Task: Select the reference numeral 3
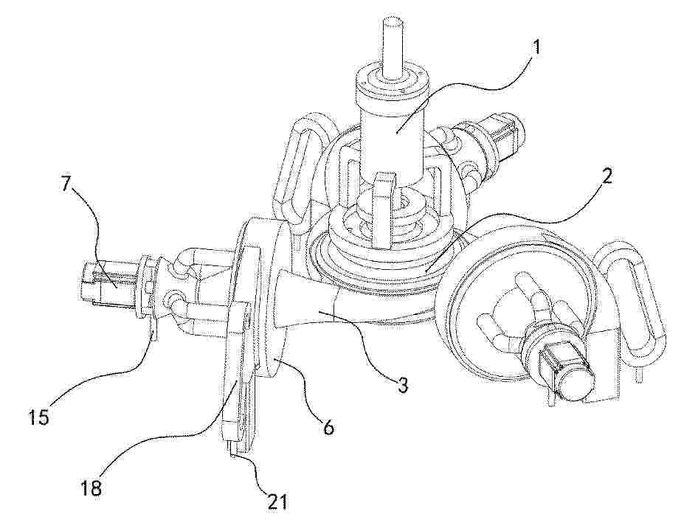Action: point(402,385)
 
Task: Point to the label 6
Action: point(328,427)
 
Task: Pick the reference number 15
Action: point(39,417)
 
